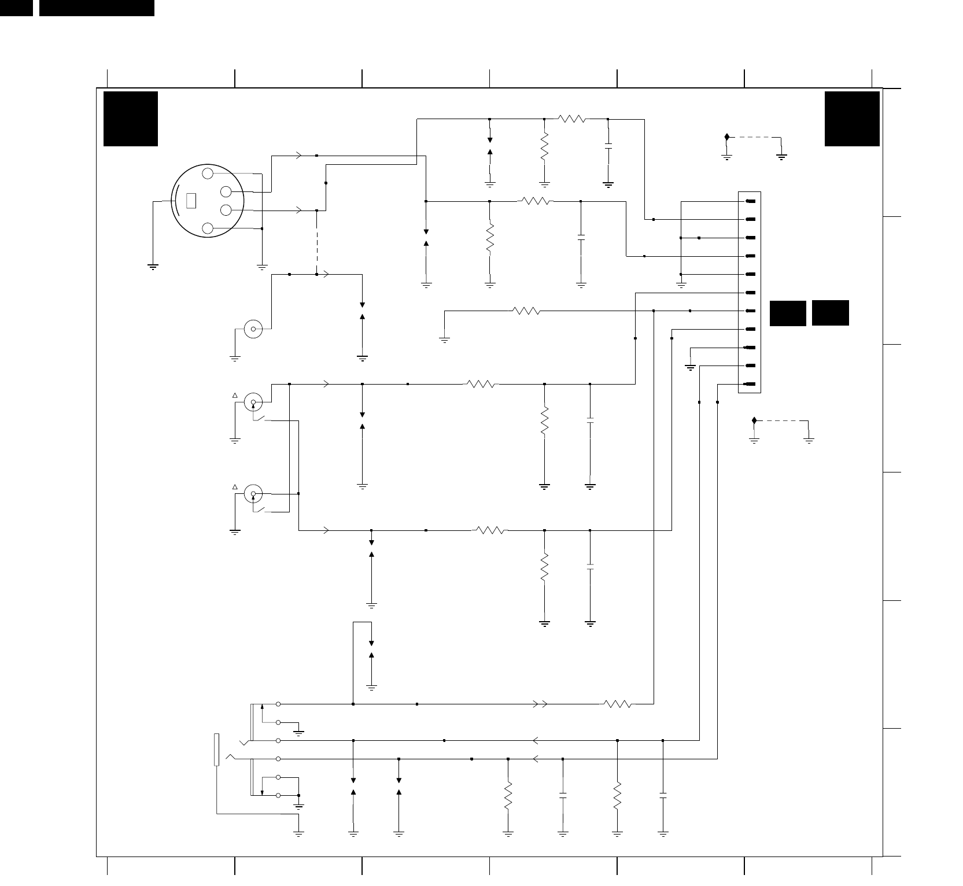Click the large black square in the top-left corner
tap(131, 119)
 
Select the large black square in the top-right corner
tap(852, 119)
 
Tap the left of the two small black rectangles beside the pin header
tap(788, 313)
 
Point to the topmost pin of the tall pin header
tap(751, 201)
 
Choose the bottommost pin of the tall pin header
tap(751, 385)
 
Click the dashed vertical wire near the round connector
tap(317, 242)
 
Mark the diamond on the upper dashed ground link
tap(727, 137)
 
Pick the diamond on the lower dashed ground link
tap(754, 420)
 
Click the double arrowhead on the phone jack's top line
tap(540, 704)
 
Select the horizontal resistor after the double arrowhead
tap(618, 704)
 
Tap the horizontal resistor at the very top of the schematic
tap(572, 119)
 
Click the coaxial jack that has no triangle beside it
tap(253, 329)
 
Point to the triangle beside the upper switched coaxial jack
tap(235, 396)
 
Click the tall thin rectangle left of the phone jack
tap(217, 750)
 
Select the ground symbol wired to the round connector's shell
tap(153, 267)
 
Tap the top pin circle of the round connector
tap(208, 173)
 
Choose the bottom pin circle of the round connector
tap(208, 228)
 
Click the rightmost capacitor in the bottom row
tap(663, 798)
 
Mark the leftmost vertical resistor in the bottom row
tap(508, 796)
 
